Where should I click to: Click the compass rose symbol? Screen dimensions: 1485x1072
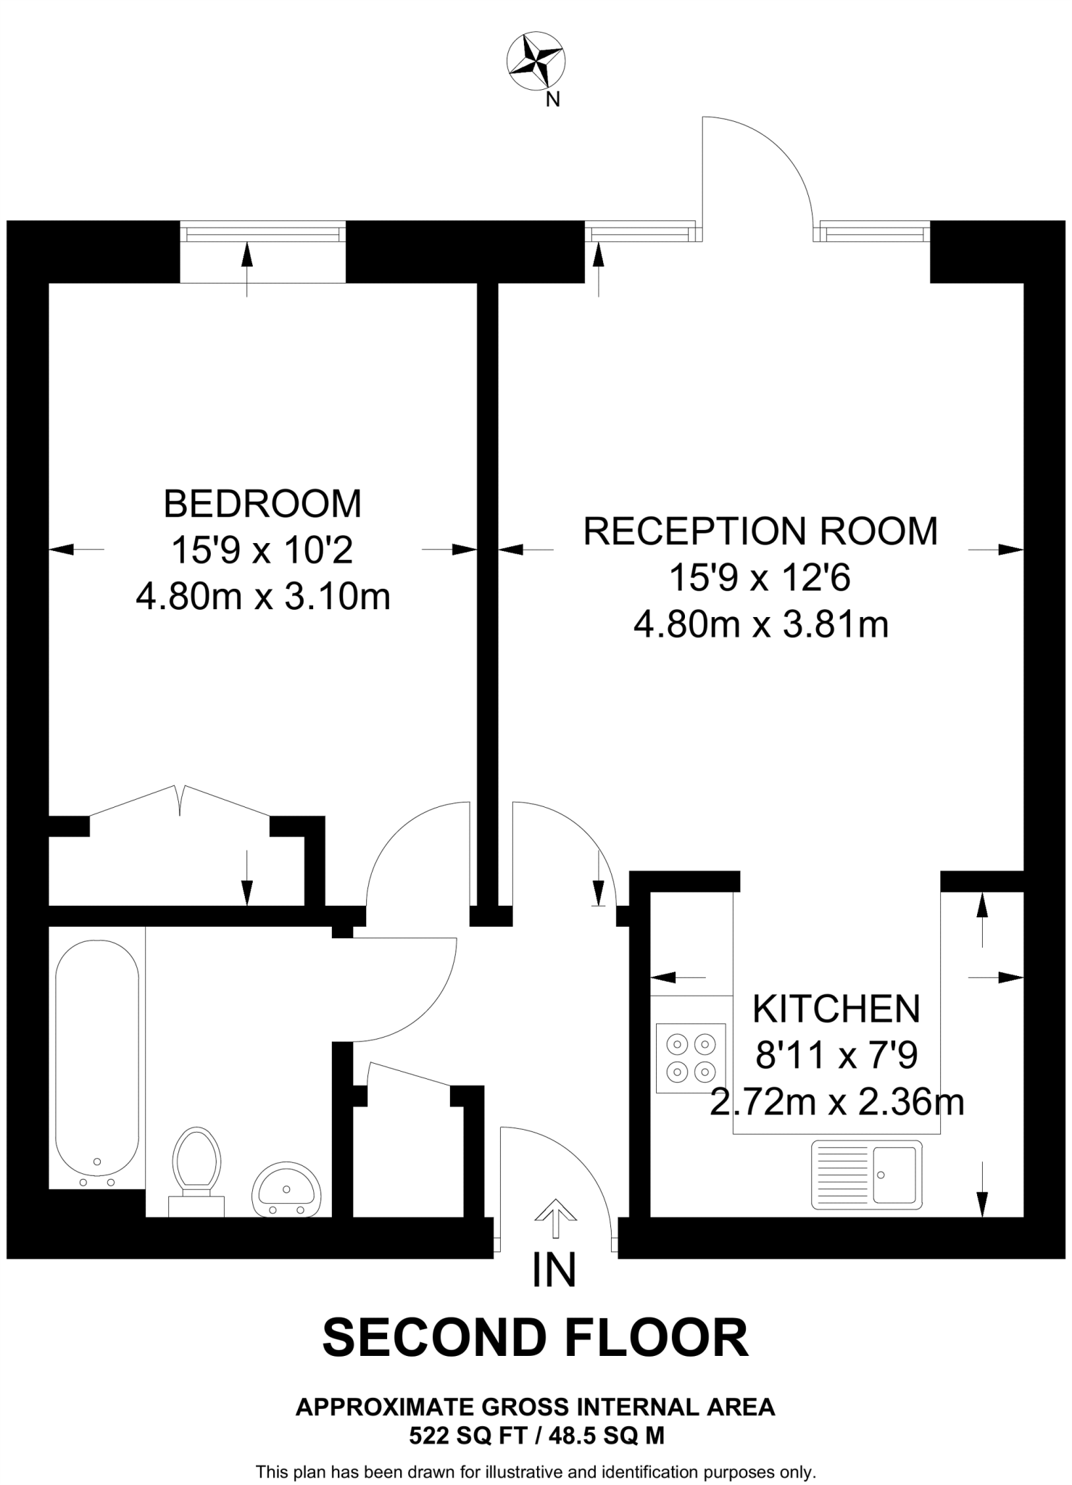coord(536,63)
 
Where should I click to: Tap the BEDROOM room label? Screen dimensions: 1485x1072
coord(262,504)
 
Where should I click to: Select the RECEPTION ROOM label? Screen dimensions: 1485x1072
coord(760,531)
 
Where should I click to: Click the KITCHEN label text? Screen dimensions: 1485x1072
coord(836,1009)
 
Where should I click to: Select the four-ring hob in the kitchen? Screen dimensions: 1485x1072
coord(690,1057)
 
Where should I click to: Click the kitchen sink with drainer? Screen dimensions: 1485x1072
coord(867,1175)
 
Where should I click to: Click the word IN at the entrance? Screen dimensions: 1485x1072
coord(554,1270)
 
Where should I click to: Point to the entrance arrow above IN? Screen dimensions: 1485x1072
coord(555,1217)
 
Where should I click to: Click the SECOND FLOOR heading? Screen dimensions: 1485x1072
coord(535,1338)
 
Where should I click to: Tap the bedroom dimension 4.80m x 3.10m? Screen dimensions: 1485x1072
coord(262,597)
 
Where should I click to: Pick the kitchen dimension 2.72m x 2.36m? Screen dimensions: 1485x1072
coord(836,1103)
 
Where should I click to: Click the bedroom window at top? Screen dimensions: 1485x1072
coord(262,233)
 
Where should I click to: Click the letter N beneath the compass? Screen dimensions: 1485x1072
coord(552,101)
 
